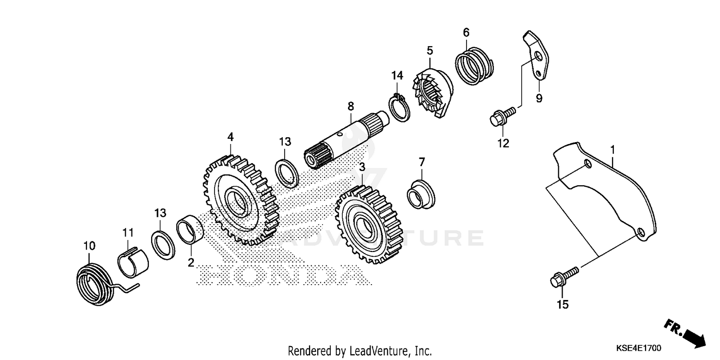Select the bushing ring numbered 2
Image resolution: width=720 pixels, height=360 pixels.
click(191, 231)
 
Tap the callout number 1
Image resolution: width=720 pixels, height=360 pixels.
click(612, 151)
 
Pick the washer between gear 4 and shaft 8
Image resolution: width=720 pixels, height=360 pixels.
click(287, 172)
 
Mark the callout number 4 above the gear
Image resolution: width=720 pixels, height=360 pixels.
click(230, 137)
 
